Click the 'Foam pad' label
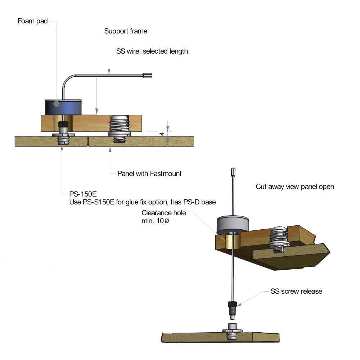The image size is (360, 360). click(32, 21)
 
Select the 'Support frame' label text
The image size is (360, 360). click(126, 31)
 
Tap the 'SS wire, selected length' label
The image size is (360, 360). click(152, 51)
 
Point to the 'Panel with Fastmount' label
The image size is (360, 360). click(149, 174)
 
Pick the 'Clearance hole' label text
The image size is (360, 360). click(164, 213)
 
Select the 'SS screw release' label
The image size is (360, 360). click(296, 291)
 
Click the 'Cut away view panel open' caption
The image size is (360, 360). click(295, 187)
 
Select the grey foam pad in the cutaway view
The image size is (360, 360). click(232, 225)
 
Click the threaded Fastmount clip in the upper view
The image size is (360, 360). click(120, 128)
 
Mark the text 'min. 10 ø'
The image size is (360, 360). click(155, 221)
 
